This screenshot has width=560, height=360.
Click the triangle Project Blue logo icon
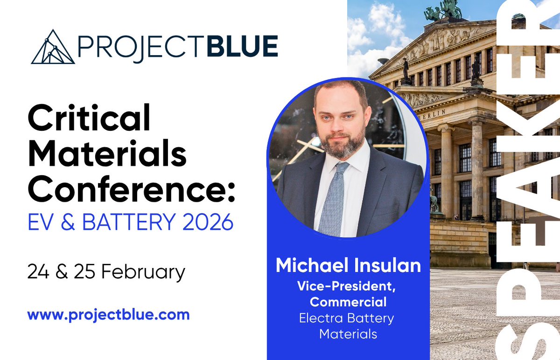[53, 47]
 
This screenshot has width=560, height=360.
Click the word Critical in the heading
[89, 119]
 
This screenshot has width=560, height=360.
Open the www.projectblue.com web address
[108, 314]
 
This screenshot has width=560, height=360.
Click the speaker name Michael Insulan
[348, 266]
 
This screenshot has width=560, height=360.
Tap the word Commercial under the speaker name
[348, 302]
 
